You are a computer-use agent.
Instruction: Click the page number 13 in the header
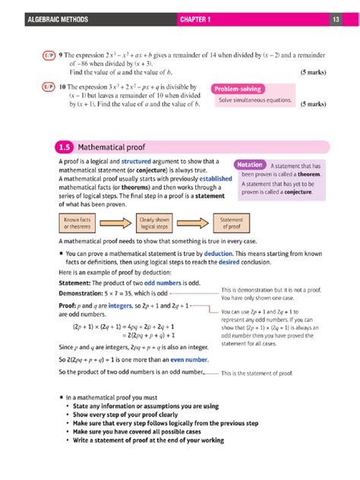pos(335,18)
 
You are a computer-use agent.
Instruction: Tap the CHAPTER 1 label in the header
pos(199,18)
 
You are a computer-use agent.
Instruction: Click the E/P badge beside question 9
pos(46,55)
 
